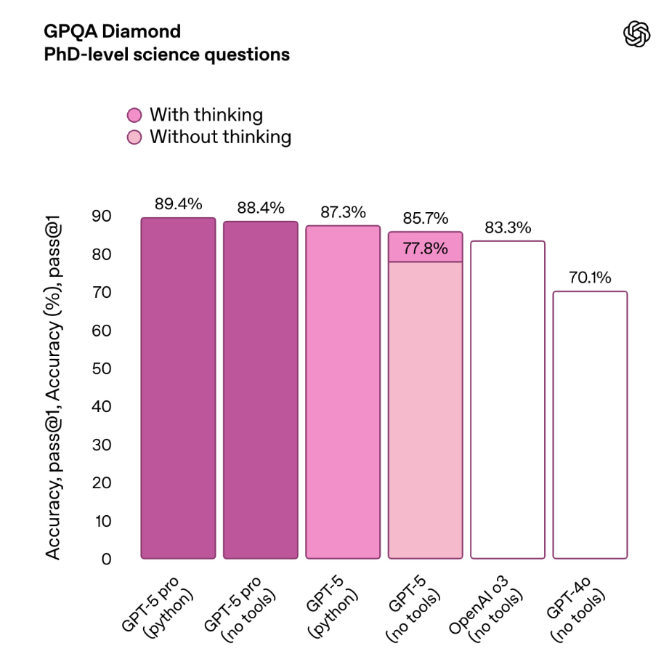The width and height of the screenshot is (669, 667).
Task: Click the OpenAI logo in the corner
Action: tap(636, 33)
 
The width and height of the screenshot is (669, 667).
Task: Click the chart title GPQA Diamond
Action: tap(113, 31)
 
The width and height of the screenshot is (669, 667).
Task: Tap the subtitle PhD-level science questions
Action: tap(166, 54)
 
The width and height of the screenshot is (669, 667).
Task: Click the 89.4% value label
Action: tap(178, 204)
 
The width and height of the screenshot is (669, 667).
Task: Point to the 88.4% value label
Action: tap(261, 208)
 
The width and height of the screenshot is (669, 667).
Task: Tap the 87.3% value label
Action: tap(343, 212)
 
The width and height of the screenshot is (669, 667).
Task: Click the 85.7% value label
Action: tap(425, 218)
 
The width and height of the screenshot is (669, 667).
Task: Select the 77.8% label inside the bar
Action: tap(425, 248)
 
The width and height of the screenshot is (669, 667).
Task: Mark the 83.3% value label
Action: tap(508, 227)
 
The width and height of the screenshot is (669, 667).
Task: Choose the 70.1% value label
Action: tap(590, 278)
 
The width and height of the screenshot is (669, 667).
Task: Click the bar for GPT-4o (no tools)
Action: tap(590, 425)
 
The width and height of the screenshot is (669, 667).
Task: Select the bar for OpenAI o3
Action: tap(508, 400)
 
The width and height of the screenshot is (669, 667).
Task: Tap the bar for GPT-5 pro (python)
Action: tap(178, 389)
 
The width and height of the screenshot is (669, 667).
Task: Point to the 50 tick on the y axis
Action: tap(101, 368)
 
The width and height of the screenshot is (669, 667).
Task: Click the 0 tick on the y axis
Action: tap(106, 559)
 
